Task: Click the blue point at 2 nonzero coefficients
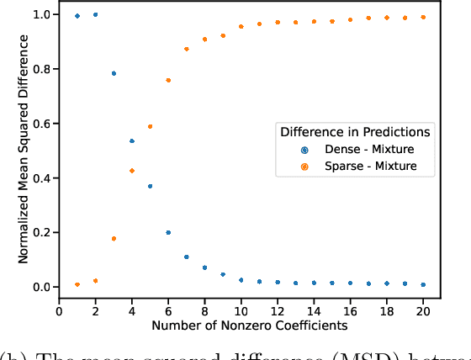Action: point(95,14)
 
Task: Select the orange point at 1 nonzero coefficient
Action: point(77,284)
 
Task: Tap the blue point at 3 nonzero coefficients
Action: point(114,73)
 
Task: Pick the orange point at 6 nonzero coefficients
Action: point(168,80)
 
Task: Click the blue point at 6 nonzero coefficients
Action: point(168,232)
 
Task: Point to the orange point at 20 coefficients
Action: point(423,17)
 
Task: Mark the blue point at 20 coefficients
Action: point(423,284)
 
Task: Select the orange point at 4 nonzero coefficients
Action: point(132,171)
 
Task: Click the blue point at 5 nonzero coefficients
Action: point(150,186)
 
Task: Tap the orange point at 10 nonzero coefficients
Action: point(241,26)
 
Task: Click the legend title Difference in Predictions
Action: point(356,131)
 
